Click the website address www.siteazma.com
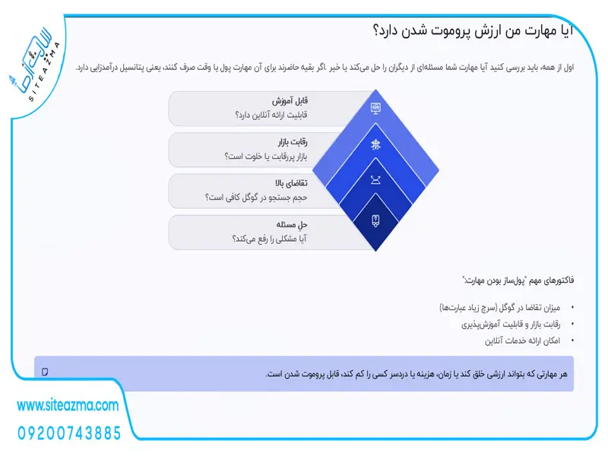[68, 407]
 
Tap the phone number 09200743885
[68, 433]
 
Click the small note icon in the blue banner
[46, 372]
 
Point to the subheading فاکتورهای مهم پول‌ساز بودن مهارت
[517, 280]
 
